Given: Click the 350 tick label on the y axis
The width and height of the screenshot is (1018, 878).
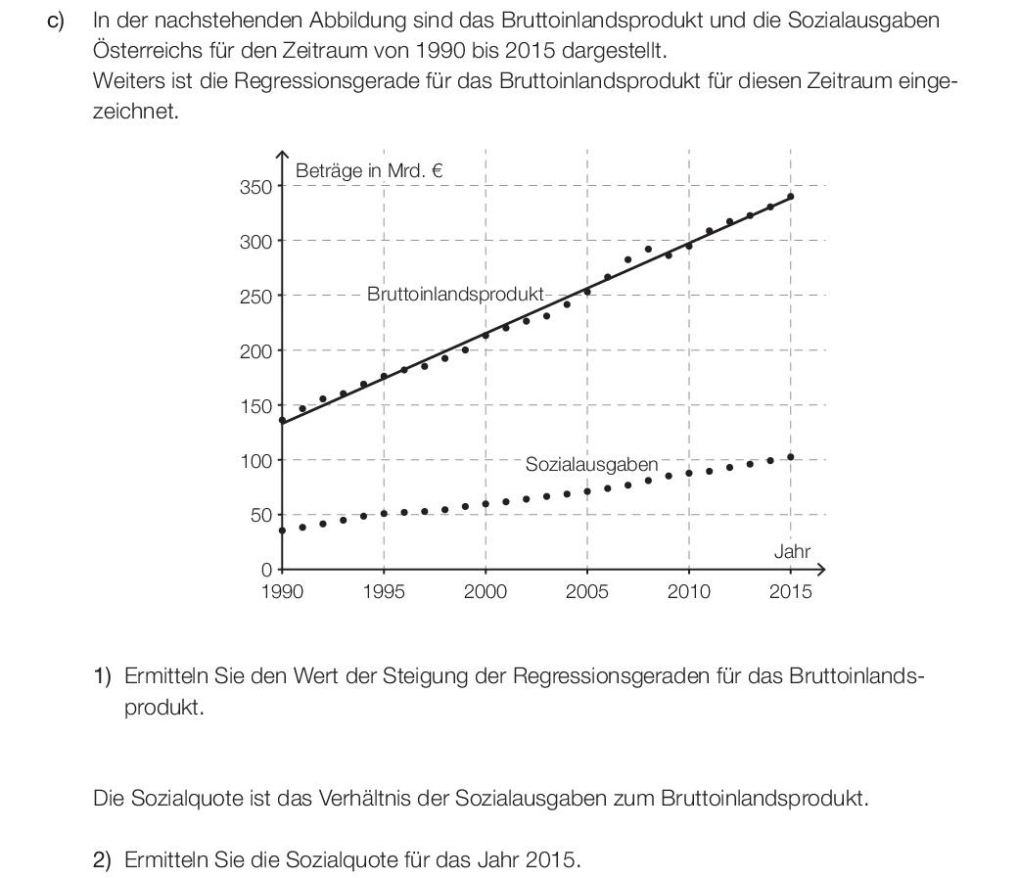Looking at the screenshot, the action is click(255, 187).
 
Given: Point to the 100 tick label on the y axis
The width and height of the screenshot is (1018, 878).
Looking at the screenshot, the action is click(255, 461).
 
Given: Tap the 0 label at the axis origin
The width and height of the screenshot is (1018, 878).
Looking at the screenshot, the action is click(266, 571).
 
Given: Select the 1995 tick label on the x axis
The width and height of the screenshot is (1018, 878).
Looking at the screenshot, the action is click(384, 591).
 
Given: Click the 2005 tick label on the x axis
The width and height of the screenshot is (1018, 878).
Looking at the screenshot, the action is click(587, 591).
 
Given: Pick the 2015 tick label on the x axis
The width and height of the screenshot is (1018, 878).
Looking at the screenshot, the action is click(790, 591).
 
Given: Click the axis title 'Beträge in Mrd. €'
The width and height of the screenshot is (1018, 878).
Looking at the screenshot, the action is click(369, 170).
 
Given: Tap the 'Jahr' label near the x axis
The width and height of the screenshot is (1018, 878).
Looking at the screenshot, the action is click(792, 551).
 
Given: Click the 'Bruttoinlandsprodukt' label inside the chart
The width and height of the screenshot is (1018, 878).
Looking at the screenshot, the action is click(455, 295).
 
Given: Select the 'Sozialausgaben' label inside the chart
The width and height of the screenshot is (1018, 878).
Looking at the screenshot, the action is click(591, 464).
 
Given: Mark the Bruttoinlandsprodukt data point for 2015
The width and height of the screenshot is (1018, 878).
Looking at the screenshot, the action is click(790, 196).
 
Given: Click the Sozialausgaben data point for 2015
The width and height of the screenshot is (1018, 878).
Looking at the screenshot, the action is click(790, 457).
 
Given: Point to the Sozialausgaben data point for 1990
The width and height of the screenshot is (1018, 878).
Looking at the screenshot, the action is click(282, 531).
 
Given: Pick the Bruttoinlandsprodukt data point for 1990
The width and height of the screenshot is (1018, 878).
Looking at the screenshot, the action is click(282, 420).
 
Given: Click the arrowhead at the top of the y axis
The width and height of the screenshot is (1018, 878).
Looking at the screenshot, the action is click(282, 153).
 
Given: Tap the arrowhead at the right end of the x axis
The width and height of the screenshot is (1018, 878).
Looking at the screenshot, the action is click(823, 570).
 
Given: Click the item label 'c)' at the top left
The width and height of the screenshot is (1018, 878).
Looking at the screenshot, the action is click(56, 21).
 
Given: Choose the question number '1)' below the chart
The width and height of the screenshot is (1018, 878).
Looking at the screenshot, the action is click(103, 676).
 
